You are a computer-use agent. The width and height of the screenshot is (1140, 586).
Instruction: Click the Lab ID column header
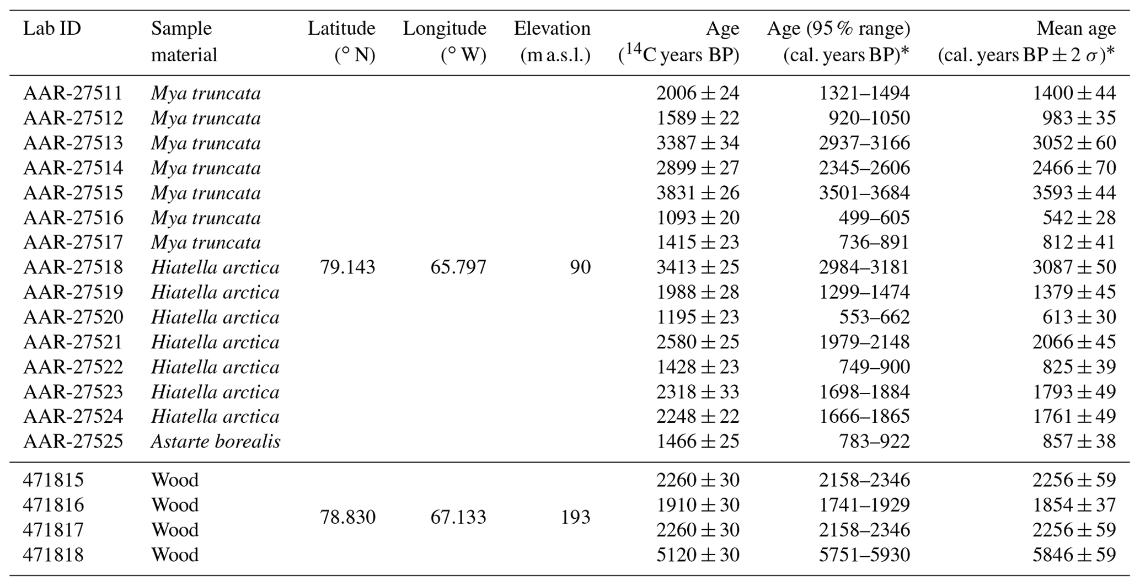pyautogui.click(x=52, y=29)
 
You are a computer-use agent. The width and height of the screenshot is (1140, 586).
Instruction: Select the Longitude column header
pyautogui.click(x=444, y=41)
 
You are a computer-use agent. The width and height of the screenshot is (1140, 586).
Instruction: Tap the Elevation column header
pyautogui.click(x=552, y=41)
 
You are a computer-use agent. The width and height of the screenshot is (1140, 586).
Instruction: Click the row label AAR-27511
pyautogui.click(x=73, y=93)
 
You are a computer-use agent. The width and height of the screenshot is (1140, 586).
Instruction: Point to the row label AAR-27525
pyautogui.click(x=73, y=442)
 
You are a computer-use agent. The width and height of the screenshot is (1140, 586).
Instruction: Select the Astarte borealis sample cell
pyautogui.click(x=216, y=442)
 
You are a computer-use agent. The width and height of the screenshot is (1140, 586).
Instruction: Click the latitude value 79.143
pyautogui.click(x=347, y=267)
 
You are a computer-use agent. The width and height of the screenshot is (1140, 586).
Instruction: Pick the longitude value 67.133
pyautogui.click(x=458, y=517)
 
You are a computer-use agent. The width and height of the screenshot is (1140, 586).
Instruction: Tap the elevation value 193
pyautogui.click(x=575, y=517)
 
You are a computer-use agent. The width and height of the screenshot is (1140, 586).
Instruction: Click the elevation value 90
pyautogui.click(x=580, y=267)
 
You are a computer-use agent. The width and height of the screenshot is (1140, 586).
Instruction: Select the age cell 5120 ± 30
pyautogui.click(x=697, y=555)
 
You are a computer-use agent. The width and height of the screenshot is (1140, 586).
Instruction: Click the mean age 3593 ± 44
pyautogui.click(x=1074, y=193)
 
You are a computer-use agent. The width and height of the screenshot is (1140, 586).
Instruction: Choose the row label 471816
pyautogui.click(x=53, y=505)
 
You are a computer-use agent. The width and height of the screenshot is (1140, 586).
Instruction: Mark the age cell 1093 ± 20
pyautogui.click(x=697, y=218)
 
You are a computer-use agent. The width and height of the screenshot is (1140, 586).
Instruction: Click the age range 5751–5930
pyautogui.click(x=864, y=555)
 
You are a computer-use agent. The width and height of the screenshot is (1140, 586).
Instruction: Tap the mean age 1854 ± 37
pyautogui.click(x=1074, y=505)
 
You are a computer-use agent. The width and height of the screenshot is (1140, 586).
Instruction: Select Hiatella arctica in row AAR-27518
pyautogui.click(x=215, y=267)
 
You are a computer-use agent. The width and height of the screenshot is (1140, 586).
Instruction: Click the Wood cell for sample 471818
pyautogui.click(x=175, y=555)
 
